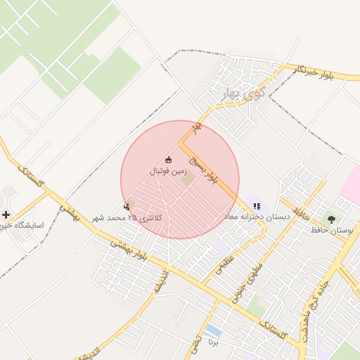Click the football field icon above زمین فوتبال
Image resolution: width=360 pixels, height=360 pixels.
tap(167, 159)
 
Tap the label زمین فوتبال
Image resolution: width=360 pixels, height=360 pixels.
tap(167, 171)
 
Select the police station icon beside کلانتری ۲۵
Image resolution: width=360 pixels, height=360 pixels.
tap(127, 207)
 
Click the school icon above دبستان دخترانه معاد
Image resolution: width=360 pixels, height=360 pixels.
tap(257, 206)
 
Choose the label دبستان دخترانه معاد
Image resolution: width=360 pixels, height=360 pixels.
tap(257, 217)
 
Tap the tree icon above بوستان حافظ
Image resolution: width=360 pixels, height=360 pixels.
tap(331, 219)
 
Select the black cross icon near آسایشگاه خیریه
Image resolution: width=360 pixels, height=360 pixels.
tap(6, 214)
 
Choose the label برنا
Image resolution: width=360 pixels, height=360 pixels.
tap(213, 342)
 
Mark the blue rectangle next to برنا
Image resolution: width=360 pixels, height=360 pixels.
tap(213, 330)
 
